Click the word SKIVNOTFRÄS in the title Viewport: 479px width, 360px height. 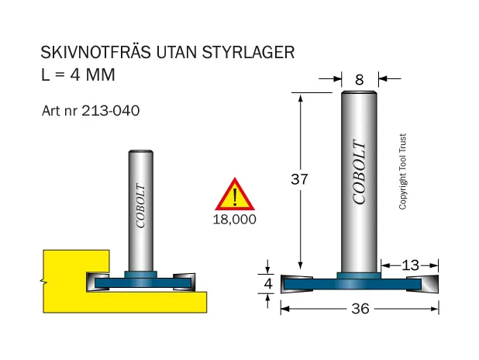95,52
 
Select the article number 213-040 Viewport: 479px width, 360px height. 111,111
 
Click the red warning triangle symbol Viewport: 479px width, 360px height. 235,194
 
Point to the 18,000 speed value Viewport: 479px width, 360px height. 234,220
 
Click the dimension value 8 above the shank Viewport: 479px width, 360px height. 360,80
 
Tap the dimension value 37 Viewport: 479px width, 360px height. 299,179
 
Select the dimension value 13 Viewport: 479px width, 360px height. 410,265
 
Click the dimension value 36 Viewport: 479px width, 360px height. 360,309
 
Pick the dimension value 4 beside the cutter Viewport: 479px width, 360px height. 268,284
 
